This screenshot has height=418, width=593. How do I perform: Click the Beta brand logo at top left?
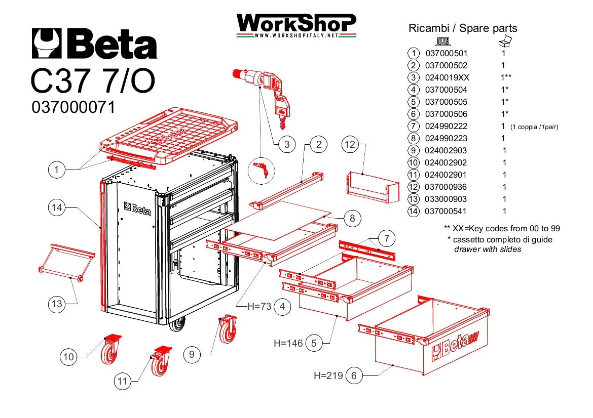pyautogui.click(x=94, y=44)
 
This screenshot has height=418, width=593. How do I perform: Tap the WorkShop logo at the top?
pyautogui.click(x=296, y=25)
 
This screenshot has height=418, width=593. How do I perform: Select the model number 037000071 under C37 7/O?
pyautogui.click(x=73, y=107)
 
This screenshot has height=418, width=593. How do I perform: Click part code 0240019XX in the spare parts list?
pyautogui.click(x=447, y=77)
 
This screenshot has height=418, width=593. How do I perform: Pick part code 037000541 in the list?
pyautogui.click(x=446, y=211)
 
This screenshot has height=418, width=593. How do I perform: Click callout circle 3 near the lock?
pyautogui.click(x=287, y=144)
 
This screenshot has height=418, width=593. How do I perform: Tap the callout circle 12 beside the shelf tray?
pyautogui.click(x=350, y=144)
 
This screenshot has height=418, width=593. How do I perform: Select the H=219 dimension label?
pyautogui.click(x=328, y=375)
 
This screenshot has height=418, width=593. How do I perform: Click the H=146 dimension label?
pyautogui.click(x=288, y=343)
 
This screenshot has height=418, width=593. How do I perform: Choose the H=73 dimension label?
pyautogui.click(x=260, y=306)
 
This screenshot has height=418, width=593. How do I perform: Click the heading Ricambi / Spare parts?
pyautogui.click(x=462, y=28)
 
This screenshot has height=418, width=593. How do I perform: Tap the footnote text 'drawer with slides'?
pyautogui.click(x=487, y=249)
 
